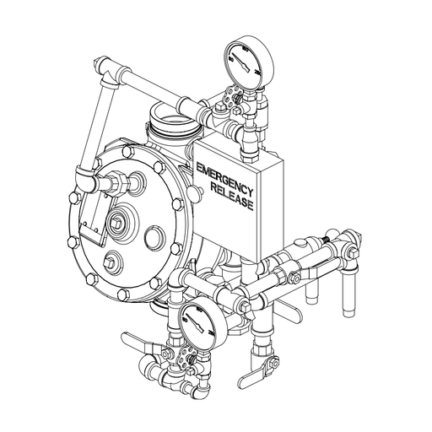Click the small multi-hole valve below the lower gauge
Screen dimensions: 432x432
pyautogui.click(x=192, y=363)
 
